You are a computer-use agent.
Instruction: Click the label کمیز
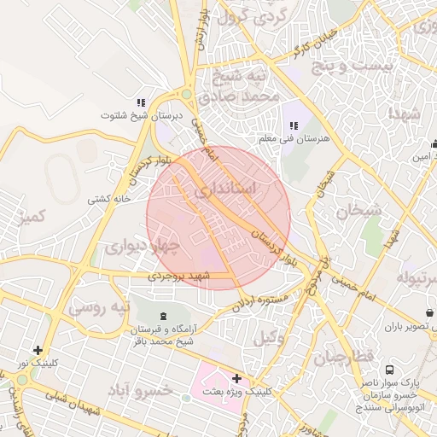pyautogui.click(x=30, y=218)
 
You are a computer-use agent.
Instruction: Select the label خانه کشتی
pyautogui.click(x=108, y=199)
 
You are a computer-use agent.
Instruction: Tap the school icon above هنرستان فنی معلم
pyautogui.click(x=294, y=125)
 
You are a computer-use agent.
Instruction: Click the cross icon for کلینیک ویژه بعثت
pyautogui.click(x=236, y=378)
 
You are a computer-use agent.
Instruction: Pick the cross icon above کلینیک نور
pyautogui.click(x=38, y=350)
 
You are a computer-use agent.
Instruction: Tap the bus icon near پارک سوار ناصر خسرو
pyautogui.click(x=389, y=370)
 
